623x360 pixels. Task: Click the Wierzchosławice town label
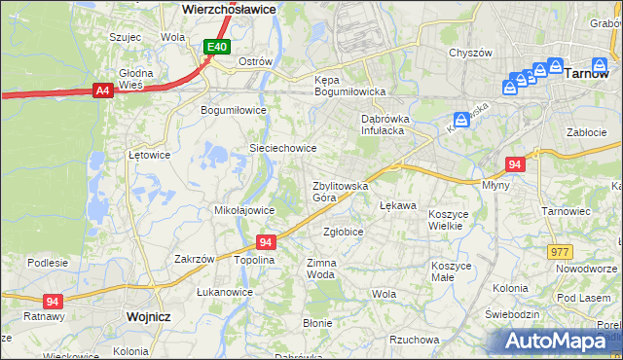230,8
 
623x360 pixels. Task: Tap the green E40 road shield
216,46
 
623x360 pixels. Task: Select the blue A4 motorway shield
102,90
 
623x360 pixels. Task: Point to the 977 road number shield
560,252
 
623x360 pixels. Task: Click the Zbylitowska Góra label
339,191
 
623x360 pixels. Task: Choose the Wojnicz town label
149,316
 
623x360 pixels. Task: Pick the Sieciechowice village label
283,148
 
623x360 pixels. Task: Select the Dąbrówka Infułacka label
385,124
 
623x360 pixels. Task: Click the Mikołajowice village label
242,209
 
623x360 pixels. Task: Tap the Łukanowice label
225,292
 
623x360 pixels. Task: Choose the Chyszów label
469,54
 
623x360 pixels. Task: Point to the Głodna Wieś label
135,79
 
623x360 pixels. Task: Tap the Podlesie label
48,263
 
